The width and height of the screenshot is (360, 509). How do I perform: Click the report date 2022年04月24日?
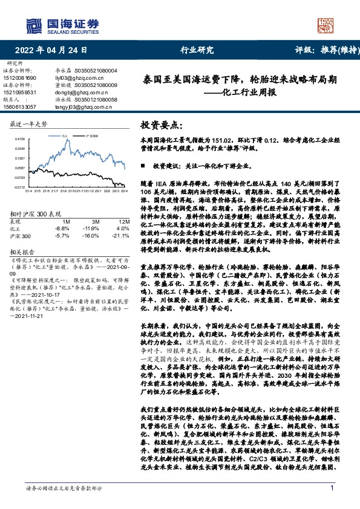[54, 50]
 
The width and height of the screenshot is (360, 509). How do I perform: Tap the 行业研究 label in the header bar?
[197, 50]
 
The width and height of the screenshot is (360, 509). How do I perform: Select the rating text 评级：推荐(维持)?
[319, 50]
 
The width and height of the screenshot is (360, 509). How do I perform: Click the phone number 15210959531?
[21, 92]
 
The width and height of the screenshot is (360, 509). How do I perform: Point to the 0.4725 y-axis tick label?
[20, 139]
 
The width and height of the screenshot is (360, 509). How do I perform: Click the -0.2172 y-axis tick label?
[20, 187]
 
